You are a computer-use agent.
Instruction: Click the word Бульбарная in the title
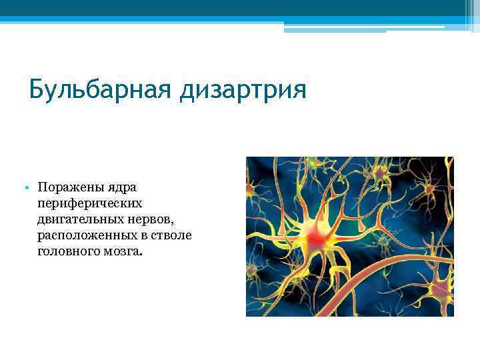point(101,89)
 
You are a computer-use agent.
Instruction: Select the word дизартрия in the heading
point(243,89)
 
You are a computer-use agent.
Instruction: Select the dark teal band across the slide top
point(240,8)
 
